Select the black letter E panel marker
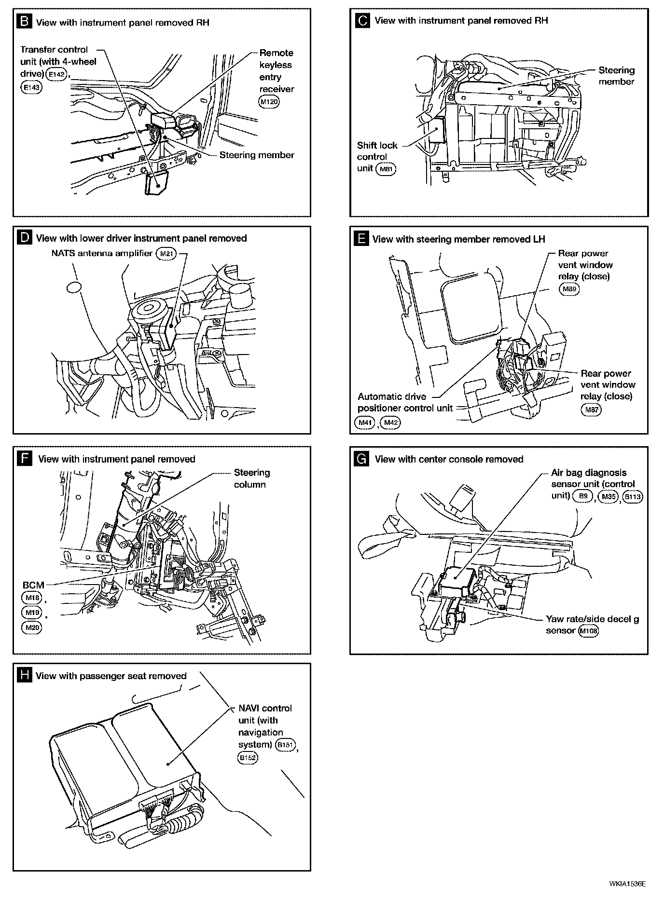pyautogui.click(x=361, y=239)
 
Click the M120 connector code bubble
pyautogui.click(x=269, y=102)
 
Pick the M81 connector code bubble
pyautogui.click(x=386, y=169)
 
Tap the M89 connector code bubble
pyautogui.click(x=569, y=289)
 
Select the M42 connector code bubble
pyautogui.click(x=390, y=423)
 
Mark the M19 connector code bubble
pyautogui.click(x=32, y=613)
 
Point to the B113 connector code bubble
pyautogui.click(x=633, y=497)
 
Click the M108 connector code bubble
pyautogui.click(x=588, y=631)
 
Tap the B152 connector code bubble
pyautogui.click(x=248, y=757)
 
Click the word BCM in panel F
pyautogui.click(x=33, y=585)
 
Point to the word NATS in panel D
pyautogui.click(x=62, y=253)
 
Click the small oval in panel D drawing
pyautogui.click(x=74, y=287)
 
